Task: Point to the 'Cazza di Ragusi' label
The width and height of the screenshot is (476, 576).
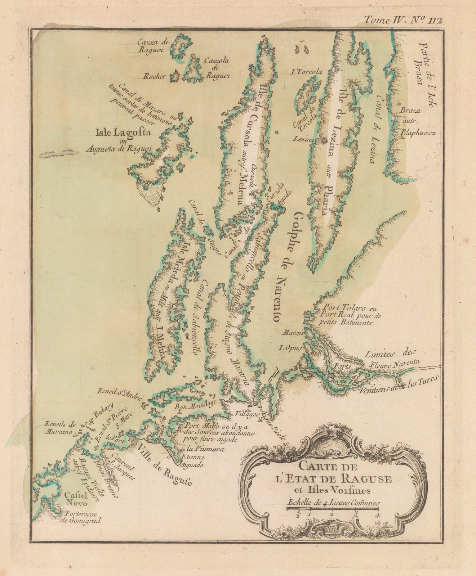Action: click(150, 46)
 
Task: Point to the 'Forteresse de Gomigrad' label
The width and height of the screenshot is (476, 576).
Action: click(83, 517)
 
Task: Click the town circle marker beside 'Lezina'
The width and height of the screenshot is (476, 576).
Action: click(324, 140)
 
